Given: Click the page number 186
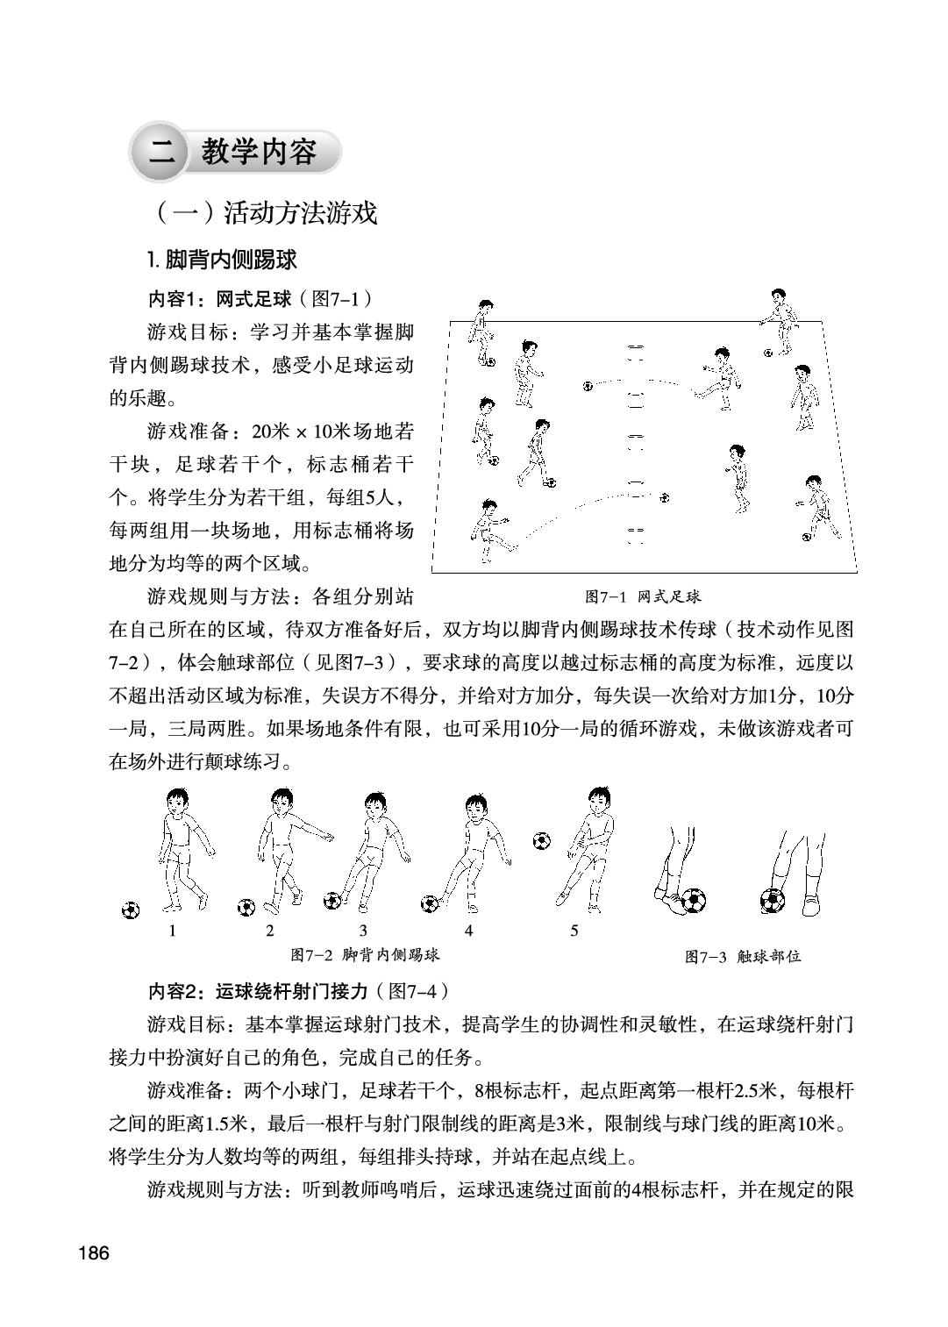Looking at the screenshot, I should tap(93, 1253).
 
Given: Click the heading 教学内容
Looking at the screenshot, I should tap(259, 152).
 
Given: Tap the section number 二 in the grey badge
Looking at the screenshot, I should tap(162, 153).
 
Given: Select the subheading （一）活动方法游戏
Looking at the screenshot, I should tap(263, 213).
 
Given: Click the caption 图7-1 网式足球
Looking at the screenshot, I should tap(643, 597).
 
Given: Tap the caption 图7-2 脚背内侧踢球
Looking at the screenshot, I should tap(364, 953).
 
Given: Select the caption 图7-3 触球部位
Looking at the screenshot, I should tap(743, 956).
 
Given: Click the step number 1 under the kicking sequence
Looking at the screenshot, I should tap(172, 931).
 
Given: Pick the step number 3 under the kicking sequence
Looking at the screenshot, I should tap(363, 931).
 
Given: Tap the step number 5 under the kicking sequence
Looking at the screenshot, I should tap(574, 931).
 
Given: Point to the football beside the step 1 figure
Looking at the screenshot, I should tap(131, 910).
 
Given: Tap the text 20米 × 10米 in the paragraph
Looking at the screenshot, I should tap(312, 432).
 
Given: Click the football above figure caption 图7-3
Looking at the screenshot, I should tap(773, 900).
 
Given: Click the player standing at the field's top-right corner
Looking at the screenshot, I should tap(780, 315).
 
